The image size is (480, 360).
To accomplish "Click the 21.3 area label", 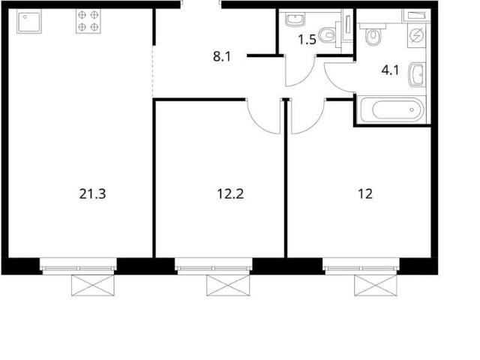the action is pos(92,194).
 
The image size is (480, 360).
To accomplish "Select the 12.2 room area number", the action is pos(230,194).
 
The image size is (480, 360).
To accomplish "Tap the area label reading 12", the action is pos(365,194).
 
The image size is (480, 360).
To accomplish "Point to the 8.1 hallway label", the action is pos(222,57).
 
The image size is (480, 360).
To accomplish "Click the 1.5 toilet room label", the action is pos(307,40).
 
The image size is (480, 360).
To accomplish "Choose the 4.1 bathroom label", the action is pos(390,70).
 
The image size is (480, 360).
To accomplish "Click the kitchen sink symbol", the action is pos(29,21).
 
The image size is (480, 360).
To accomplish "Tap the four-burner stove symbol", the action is pos(88,21).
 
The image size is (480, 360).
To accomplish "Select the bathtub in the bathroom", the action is pos(393,109).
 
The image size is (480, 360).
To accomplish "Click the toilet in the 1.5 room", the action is pos(327,35).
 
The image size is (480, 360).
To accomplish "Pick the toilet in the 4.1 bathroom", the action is pos(372,34).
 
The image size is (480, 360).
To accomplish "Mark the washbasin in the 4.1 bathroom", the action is pos(417,75).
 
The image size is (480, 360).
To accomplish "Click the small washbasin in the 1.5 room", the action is pos(295,19).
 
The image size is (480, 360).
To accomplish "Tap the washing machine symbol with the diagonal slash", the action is pos(416,36).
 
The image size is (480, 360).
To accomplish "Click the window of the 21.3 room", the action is pos(78,266).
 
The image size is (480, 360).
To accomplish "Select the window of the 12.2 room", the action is pos(214,266).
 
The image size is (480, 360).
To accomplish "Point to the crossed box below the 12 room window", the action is pos(376,285).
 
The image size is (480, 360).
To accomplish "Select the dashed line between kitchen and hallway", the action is pos(153,72).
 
